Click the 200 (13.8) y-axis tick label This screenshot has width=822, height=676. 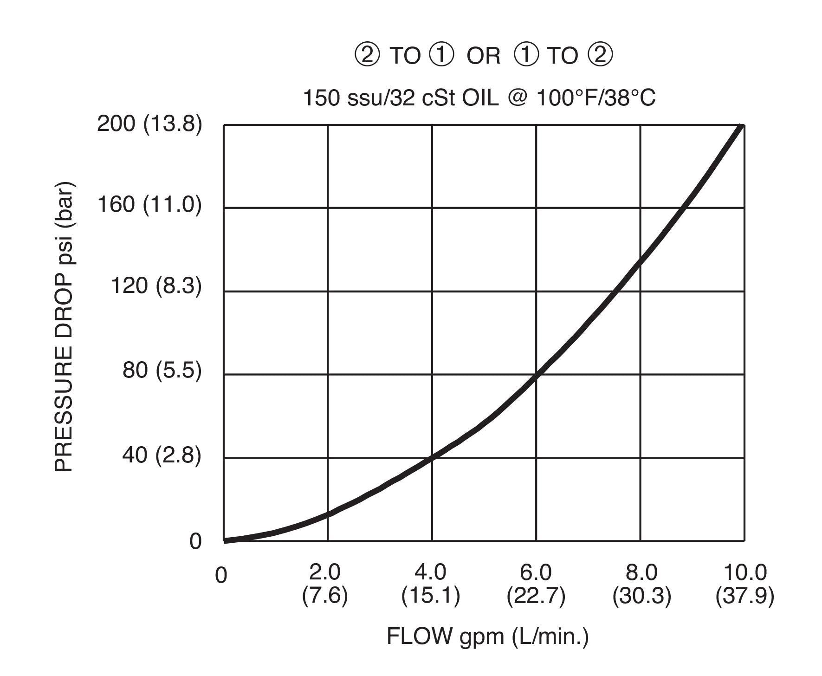[x=149, y=124]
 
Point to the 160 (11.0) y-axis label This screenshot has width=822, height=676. [x=149, y=204]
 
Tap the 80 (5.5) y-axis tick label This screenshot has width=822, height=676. [x=162, y=370]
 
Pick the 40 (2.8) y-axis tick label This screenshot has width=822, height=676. [x=162, y=455]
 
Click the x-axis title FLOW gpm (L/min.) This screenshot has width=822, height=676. [x=487, y=636]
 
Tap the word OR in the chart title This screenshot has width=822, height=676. [x=484, y=56]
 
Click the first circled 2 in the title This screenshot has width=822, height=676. [x=367, y=55]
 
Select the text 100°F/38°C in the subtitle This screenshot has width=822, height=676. [x=596, y=98]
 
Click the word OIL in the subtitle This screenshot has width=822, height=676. [x=480, y=98]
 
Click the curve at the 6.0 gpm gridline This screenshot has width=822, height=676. [x=537, y=374]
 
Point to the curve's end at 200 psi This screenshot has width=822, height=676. [x=742, y=126]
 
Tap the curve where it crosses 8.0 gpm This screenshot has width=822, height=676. [x=641, y=261]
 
